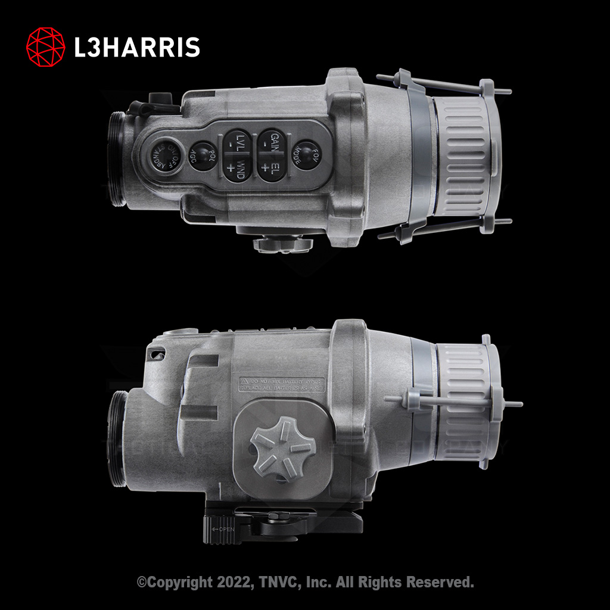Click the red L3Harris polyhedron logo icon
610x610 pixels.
pyautogui.click(x=46, y=46)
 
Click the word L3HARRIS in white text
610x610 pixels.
pyautogui.click(x=137, y=47)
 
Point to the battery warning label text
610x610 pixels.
pyautogui.click(x=282, y=384)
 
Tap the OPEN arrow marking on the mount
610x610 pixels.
pyautogui.click(x=225, y=529)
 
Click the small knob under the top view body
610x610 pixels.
pyautogui.click(x=281, y=243)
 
